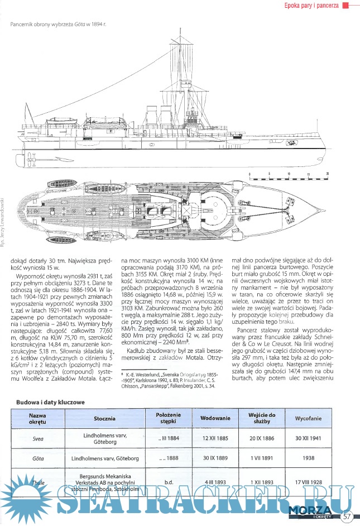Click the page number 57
(x=347, y=515)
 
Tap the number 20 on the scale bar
(x=328, y=174)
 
